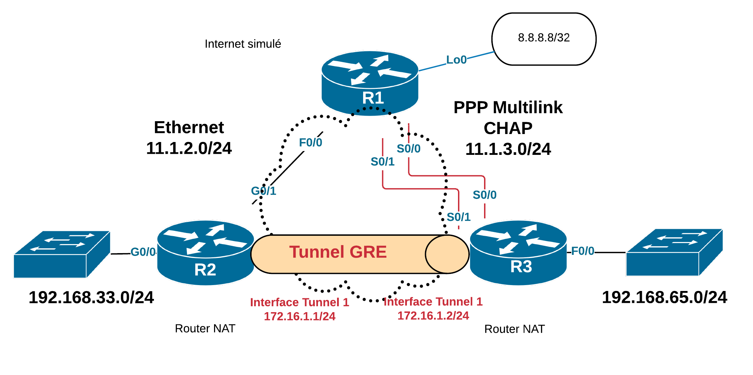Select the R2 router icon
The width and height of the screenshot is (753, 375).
[205, 252]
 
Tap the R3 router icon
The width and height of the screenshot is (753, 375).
[518, 252]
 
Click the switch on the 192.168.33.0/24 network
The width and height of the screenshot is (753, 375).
[62, 254]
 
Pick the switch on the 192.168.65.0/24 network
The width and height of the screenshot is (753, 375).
[674, 252]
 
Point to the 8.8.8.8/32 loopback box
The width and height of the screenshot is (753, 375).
[544, 39]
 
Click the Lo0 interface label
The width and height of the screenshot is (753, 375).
[456, 60]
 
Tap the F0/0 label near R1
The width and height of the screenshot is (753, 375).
[311, 142]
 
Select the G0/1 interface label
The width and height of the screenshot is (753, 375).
[263, 191]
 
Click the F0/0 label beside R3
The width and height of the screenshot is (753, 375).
[583, 251]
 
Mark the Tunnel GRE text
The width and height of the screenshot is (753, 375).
[338, 252]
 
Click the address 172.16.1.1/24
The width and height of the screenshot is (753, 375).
[300, 316]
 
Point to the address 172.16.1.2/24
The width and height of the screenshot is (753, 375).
[433, 316]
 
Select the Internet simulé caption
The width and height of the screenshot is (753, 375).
[243, 44]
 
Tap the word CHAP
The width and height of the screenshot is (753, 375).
[508, 128]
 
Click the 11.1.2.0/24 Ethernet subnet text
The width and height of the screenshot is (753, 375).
[189, 148]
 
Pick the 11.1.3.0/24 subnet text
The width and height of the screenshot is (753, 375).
[508, 149]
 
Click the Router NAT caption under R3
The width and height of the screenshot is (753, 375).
[514, 329]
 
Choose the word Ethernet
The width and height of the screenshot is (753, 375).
[189, 127]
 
